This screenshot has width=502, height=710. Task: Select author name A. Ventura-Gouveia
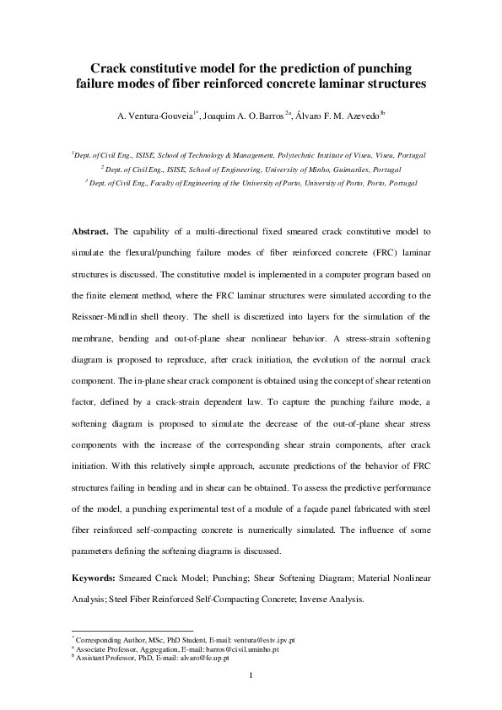(158, 116)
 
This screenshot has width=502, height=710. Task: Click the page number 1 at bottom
(251, 675)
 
